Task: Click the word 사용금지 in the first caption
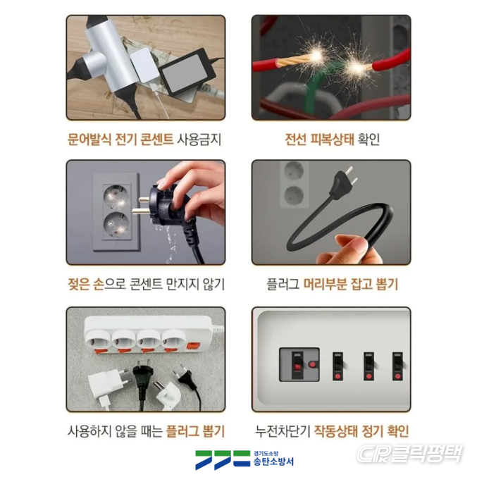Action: point(199,140)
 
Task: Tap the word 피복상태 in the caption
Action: point(332,140)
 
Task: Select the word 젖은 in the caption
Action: point(78,284)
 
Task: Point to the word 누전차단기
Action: point(283,431)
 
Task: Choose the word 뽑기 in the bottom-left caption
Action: point(213,431)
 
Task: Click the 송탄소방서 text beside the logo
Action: point(273,461)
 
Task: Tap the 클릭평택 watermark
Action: point(410,453)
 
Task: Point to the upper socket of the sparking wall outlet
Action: point(116,196)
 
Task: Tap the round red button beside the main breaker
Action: point(312,364)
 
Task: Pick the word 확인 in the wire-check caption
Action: point(368,140)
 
